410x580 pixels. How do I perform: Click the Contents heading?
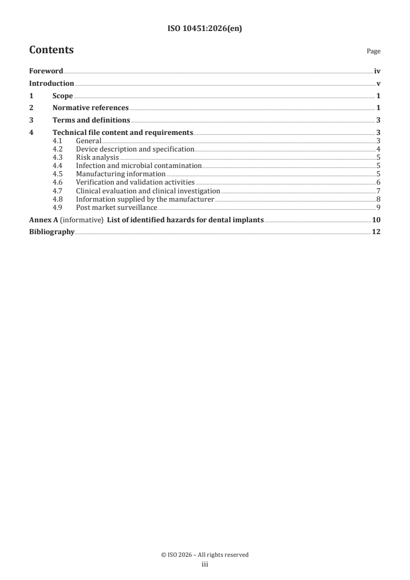tap(51, 50)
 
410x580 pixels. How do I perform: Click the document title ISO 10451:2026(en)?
tap(205, 29)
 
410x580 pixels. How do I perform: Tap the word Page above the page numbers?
tap(373, 51)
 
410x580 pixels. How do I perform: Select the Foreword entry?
tap(46, 71)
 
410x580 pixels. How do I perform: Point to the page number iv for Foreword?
tap(377, 71)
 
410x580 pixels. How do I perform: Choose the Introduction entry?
tap(52, 84)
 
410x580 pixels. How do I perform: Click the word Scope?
tap(63, 96)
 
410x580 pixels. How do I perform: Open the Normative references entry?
tap(90, 108)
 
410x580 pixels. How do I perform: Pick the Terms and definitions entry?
tap(91, 120)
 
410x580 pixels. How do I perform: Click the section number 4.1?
tap(58, 141)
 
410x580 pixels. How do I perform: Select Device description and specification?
tap(135, 149)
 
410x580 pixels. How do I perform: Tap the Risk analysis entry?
tap(97, 157)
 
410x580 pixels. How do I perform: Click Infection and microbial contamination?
tap(139, 165)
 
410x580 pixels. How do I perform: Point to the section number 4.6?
tap(58, 182)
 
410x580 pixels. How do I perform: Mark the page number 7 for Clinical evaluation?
tap(378, 191)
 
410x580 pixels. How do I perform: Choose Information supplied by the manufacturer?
tap(145, 199)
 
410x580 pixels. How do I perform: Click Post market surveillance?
tap(116, 207)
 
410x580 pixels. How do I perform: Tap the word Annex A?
tap(43, 220)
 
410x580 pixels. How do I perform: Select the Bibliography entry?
tap(52, 232)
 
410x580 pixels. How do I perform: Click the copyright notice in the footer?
tap(205, 555)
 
